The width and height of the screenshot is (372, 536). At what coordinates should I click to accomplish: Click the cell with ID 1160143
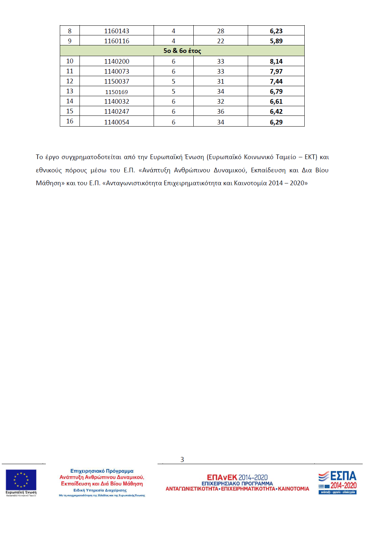tap(116, 31)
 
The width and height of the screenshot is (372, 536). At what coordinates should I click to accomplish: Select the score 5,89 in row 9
tap(276, 41)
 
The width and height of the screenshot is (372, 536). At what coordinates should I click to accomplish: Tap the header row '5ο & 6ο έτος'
tap(182, 51)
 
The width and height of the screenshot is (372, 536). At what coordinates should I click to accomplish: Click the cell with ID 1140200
tap(116, 62)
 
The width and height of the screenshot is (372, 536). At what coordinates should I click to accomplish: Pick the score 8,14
tap(276, 62)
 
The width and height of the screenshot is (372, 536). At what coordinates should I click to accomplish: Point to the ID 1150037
tap(116, 82)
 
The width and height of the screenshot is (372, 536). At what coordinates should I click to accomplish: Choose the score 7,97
tap(276, 72)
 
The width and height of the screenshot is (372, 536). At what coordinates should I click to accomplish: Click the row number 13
tap(70, 92)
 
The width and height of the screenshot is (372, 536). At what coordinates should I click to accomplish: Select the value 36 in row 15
tap(221, 112)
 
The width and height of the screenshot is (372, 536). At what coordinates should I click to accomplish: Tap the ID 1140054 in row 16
tap(116, 122)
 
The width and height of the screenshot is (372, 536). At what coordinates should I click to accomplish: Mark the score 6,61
tap(276, 102)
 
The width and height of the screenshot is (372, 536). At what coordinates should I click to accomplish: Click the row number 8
tap(70, 31)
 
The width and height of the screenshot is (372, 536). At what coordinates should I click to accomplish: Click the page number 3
tap(182, 459)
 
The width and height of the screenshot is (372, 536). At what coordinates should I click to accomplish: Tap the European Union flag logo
tap(21, 480)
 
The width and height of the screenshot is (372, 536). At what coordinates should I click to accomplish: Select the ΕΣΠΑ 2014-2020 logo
tap(337, 482)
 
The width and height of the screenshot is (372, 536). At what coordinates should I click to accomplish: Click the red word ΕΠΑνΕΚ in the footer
tap(222, 477)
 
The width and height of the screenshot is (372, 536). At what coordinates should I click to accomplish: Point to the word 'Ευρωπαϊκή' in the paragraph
tap(166, 157)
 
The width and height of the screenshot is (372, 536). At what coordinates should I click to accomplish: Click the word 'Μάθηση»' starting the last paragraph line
tap(50, 183)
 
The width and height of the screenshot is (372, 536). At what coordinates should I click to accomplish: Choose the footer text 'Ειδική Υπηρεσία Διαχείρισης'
tap(100, 490)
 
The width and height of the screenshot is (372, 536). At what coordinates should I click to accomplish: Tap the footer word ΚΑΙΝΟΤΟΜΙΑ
tap(294, 489)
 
